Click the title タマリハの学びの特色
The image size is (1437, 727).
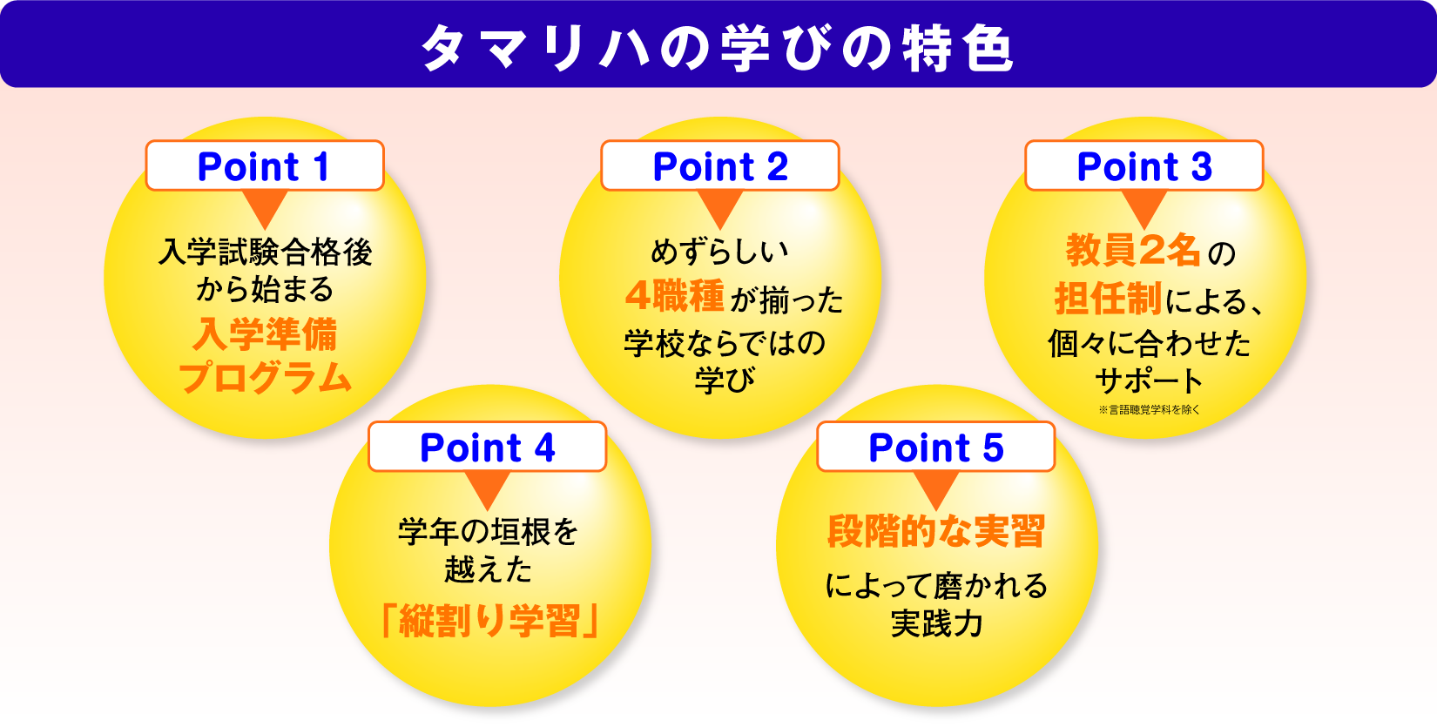[718, 48]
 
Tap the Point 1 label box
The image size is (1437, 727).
[265, 165]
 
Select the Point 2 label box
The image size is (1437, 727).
[720, 165]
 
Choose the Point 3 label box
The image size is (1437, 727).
[1144, 165]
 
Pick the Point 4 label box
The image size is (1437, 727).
[488, 447]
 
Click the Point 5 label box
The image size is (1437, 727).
[936, 447]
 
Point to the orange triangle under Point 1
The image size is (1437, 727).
[265, 207]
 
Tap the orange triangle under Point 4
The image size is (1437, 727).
[488, 488]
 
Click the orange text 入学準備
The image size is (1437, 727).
[266, 334]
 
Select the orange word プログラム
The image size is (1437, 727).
[266, 378]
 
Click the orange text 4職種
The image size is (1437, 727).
[675, 296]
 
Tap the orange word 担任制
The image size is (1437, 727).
[1107, 299]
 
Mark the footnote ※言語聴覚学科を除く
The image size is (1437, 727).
[1149, 409]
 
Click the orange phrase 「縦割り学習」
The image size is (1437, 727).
[489, 621]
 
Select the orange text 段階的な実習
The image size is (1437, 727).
[936, 531]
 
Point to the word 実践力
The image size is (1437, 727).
[936, 623]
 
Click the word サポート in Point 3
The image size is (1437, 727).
[1149, 380]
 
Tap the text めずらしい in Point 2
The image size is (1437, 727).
[720, 252]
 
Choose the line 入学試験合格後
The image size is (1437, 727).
[266, 252]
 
